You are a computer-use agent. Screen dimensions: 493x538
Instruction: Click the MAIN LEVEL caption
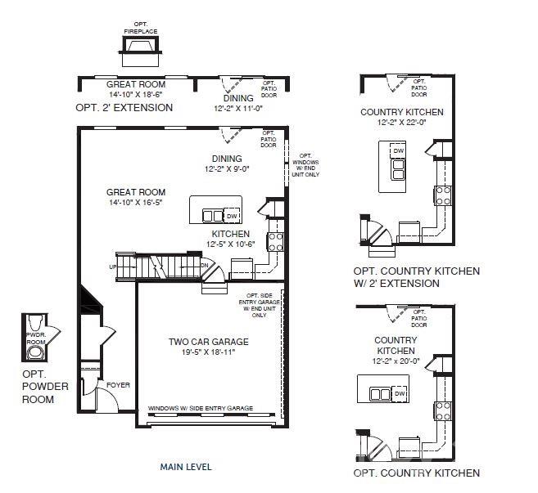(186, 467)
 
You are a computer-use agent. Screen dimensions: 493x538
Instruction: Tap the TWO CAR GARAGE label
(209, 342)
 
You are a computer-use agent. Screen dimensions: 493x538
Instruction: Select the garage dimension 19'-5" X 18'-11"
(209, 353)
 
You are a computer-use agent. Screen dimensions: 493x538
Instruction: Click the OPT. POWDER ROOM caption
(38, 387)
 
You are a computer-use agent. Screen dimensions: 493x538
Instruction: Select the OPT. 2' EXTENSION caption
(124, 107)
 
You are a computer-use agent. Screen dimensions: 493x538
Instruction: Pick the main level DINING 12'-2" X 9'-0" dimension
(227, 169)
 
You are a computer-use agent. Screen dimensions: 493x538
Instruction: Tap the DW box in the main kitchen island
(233, 215)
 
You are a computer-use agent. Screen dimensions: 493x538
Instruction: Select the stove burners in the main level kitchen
(276, 241)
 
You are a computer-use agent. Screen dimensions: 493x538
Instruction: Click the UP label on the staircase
(112, 267)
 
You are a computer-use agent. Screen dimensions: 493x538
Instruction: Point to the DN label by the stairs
(206, 265)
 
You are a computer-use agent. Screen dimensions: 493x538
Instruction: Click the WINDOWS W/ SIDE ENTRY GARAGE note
(200, 408)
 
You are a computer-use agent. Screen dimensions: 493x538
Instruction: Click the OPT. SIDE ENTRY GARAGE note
(259, 304)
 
